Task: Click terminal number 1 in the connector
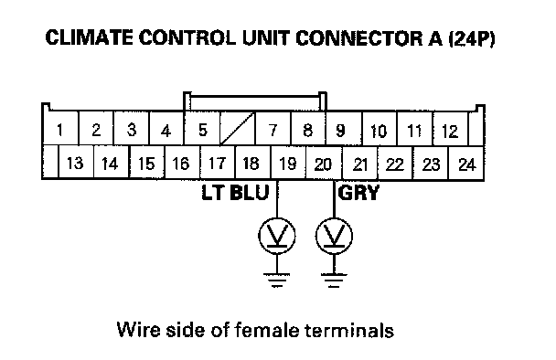[60, 128]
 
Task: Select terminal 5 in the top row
[202, 128]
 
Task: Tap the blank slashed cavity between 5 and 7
[238, 128]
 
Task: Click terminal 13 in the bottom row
[75, 163]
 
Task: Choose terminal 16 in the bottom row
[182, 163]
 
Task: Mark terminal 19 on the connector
[288, 163]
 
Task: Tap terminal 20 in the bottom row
[324, 163]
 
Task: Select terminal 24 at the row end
[466, 163]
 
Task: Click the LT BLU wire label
[235, 193]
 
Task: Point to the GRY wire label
[358, 193]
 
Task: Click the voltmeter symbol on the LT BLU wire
[277, 236]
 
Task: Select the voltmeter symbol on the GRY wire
[334, 236]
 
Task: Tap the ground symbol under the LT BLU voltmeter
[277, 280]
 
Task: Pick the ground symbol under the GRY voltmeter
[334, 280]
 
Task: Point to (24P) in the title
[472, 38]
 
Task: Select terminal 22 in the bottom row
[395, 163]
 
